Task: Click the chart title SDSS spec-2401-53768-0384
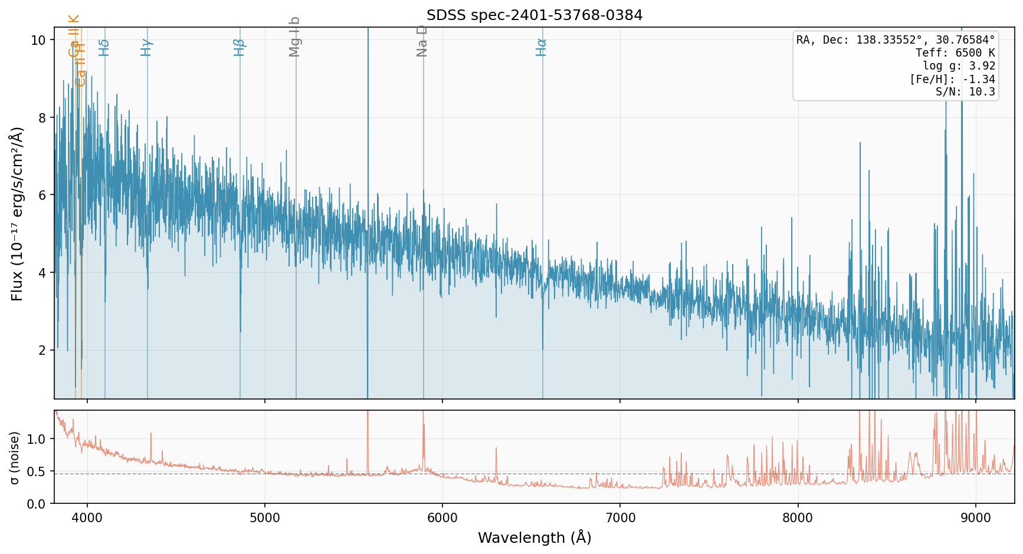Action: (535, 15)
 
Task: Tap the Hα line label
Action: (542, 47)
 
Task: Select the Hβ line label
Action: (239, 47)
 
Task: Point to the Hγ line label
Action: (146, 47)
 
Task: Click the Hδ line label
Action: (104, 47)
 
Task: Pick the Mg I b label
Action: (295, 37)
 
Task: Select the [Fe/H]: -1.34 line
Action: (952, 79)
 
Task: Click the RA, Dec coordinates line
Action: (896, 40)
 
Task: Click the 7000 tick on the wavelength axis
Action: (620, 518)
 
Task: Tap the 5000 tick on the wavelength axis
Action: (265, 518)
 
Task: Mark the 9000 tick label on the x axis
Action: (976, 518)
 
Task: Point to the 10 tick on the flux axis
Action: (39, 40)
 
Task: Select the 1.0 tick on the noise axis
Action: (37, 439)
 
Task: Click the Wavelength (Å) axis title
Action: (535, 537)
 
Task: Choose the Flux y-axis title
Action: (17, 213)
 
